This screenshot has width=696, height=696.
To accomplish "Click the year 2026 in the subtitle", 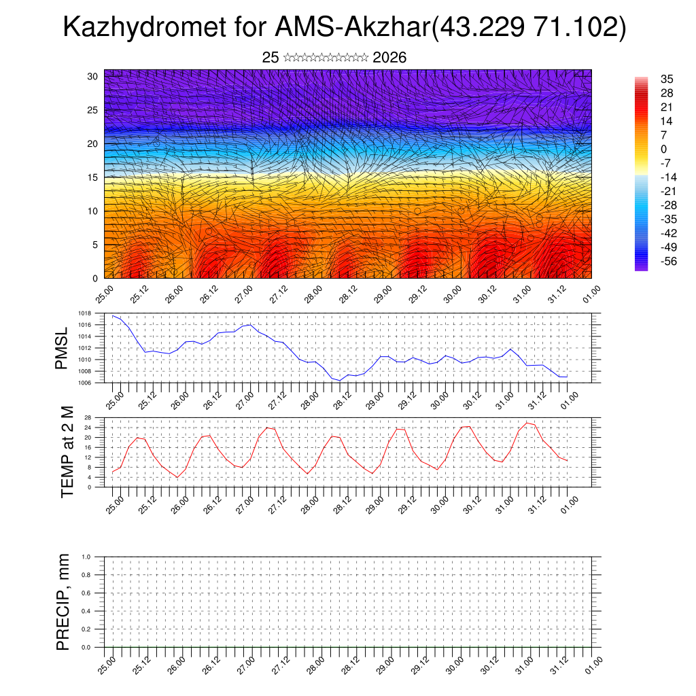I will [389, 58].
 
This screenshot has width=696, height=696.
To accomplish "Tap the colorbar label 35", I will [667, 80].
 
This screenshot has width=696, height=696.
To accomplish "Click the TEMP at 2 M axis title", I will [67, 451].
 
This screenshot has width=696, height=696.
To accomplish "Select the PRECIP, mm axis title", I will [63, 602].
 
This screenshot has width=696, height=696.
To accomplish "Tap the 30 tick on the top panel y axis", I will [92, 76].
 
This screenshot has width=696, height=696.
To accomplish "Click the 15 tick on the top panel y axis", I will [92, 177].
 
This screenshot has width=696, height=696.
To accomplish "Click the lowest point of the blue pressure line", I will [340, 380].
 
